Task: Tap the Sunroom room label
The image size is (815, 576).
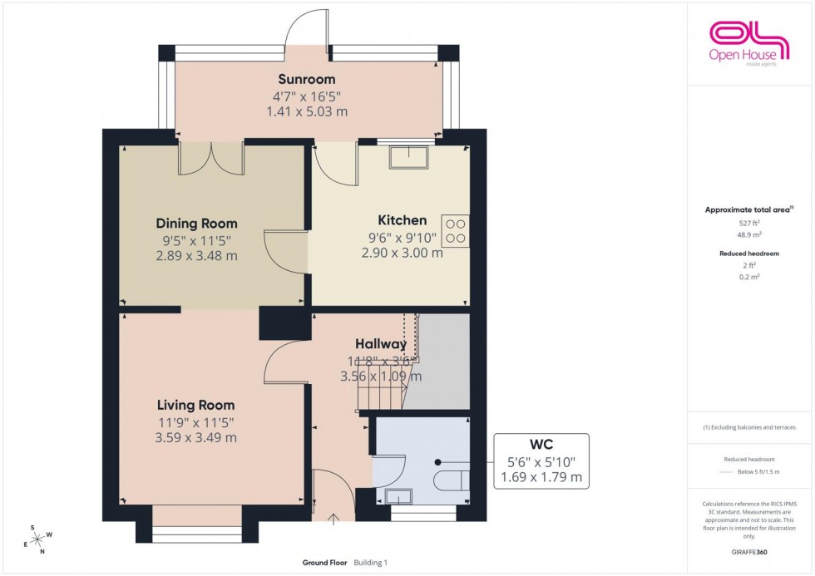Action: point(307,80)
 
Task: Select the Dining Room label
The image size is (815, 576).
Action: point(196,224)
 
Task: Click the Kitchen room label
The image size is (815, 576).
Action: point(402,220)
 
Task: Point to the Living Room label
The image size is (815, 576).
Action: point(195,405)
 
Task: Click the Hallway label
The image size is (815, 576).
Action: point(381,343)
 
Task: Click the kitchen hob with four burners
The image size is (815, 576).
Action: point(455,230)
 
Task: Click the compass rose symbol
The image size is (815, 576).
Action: point(37,539)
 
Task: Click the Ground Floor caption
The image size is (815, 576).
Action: point(324,563)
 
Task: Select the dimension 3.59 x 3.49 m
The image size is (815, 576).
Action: point(195,437)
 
